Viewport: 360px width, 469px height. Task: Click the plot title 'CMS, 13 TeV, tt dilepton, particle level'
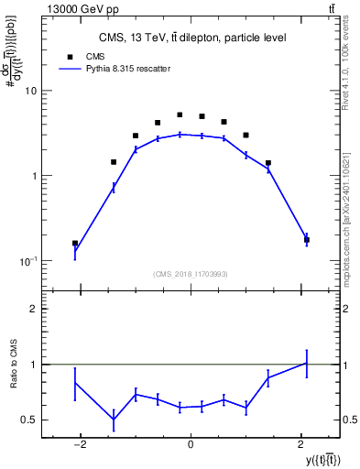pyautogui.click(x=192, y=38)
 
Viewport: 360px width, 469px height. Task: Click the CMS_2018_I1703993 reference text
pyautogui.click(x=190, y=274)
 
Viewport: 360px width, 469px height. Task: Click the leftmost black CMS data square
pyautogui.click(x=75, y=244)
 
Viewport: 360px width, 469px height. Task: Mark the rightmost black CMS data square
pyautogui.click(x=306, y=240)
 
